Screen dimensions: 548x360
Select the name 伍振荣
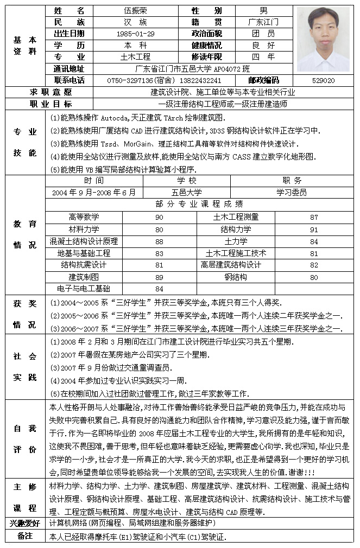135,11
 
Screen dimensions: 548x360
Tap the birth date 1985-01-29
135,34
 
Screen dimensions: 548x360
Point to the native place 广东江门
263,22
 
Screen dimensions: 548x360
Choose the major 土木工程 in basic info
135,57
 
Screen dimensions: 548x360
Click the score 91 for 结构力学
314,230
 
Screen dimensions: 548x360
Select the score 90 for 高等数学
159,217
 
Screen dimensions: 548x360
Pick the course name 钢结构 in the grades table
236,277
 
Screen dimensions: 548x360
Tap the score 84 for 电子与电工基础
159,289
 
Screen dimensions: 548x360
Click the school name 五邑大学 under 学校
187,193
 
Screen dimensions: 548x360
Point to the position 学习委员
292,193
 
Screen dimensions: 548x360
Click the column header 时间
94,181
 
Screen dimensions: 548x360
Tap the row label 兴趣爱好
25,523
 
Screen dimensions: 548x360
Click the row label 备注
25,536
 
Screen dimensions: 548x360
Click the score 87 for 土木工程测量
314,217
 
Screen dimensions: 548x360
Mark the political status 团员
263,34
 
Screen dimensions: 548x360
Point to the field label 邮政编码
263,80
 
